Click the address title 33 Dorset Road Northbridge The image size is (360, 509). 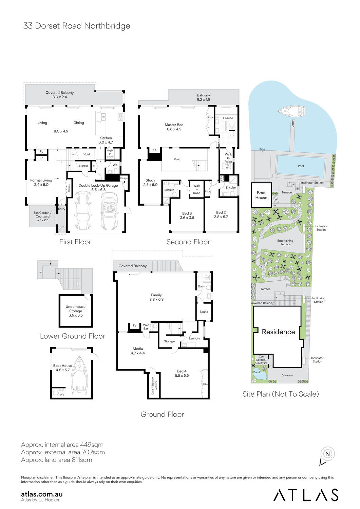pyautogui.click(x=76, y=26)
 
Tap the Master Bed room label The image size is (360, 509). pyautogui.click(x=174, y=127)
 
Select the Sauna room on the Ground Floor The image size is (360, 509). pyautogui.click(x=204, y=312)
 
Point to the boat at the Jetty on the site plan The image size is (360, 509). pyautogui.click(x=291, y=111)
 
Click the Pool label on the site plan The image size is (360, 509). pyautogui.click(x=301, y=166)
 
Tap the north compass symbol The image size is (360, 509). pyautogui.click(x=327, y=454)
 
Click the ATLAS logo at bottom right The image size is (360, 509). pyautogui.click(x=306, y=495)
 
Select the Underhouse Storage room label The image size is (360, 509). pyautogui.click(x=76, y=311)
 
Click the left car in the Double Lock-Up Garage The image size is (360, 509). pyautogui.click(x=82, y=210)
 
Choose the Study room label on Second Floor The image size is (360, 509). pyautogui.click(x=150, y=183)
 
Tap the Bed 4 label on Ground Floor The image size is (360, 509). pyautogui.click(x=182, y=373)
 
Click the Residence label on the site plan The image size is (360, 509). pyautogui.click(x=278, y=332)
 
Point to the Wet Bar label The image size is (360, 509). pyautogui.click(x=146, y=327)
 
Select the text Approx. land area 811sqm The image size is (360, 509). pyautogui.click(x=56, y=460)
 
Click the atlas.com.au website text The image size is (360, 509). pyautogui.click(x=42, y=494)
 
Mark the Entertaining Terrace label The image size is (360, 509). pyautogui.click(x=285, y=242)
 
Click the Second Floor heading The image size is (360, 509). pyautogui.click(x=188, y=242)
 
